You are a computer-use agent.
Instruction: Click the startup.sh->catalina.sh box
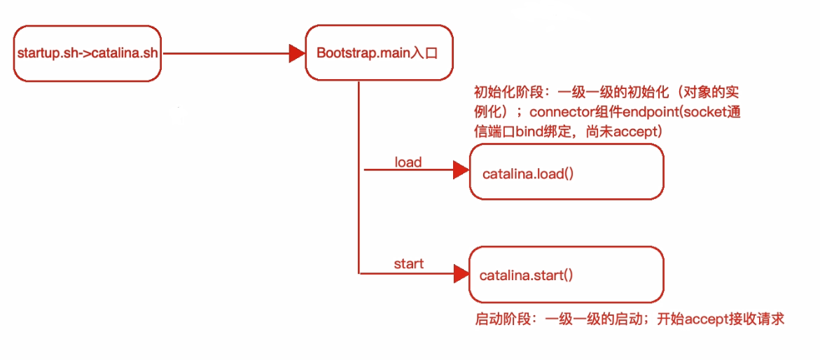tap(87, 54)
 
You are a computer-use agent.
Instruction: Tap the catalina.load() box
tap(566, 172)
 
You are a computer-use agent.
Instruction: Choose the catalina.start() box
tap(566, 275)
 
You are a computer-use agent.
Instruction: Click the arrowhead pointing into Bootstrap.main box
tap(297, 53)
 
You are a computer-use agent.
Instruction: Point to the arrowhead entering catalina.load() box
tap(461, 170)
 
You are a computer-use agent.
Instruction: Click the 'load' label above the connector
tap(408, 162)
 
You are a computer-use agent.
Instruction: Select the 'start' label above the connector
tap(408, 264)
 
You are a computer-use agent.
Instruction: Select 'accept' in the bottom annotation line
tap(708, 319)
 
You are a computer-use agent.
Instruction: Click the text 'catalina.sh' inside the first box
tap(125, 55)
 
